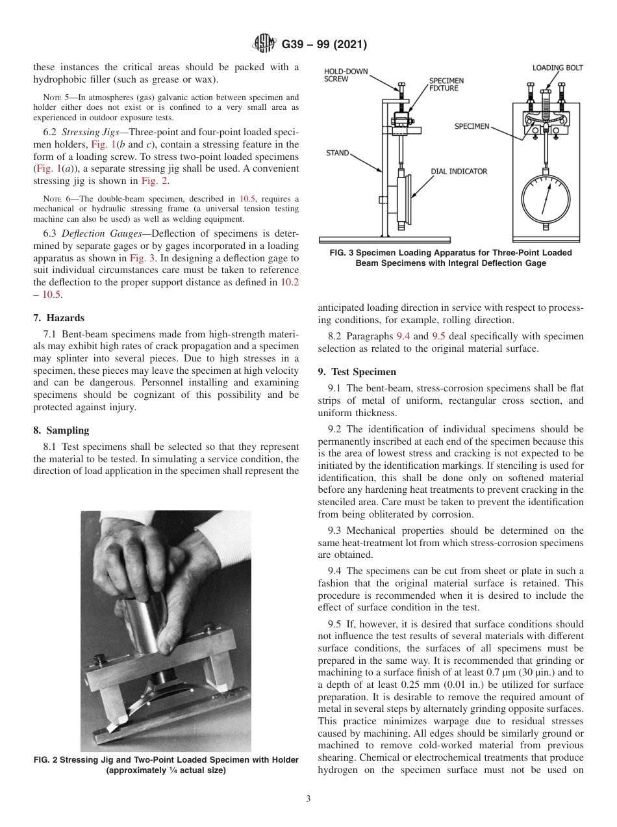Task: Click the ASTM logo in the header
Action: (x=264, y=44)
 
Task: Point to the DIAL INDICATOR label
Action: (x=459, y=171)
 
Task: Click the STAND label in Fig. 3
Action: (x=337, y=153)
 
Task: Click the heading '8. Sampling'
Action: (x=61, y=430)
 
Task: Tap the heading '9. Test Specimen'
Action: (x=357, y=372)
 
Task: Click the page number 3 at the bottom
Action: (x=308, y=798)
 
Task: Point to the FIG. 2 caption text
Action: (x=166, y=765)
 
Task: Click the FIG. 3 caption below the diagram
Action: (x=450, y=257)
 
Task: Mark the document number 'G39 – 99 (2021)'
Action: (x=325, y=44)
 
